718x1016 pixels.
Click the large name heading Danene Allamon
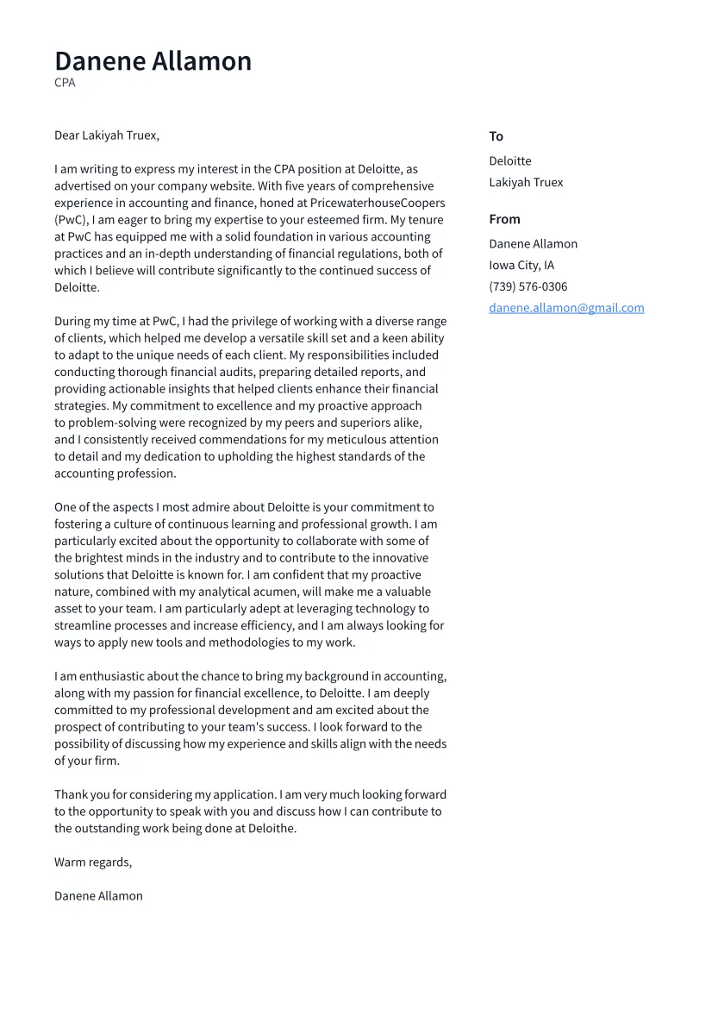pos(153,61)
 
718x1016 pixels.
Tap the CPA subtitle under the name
pos(65,83)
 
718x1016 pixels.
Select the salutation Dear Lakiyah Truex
pos(106,135)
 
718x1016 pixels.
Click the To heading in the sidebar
pos(496,136)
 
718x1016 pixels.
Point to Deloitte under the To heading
pos(509,161)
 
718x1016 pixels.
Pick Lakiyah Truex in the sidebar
pos(526,183)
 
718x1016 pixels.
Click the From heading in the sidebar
pos(504,219)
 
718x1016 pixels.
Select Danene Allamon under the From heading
pos(533,244)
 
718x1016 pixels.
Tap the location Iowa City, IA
pos(521,266)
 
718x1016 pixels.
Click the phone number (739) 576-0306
pos(528,287)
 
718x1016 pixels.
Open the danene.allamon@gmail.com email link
pos(566,308)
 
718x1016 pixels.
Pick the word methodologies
pos(243,643)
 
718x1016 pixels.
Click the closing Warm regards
pos(93,862)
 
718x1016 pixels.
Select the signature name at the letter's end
pos(98,895)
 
